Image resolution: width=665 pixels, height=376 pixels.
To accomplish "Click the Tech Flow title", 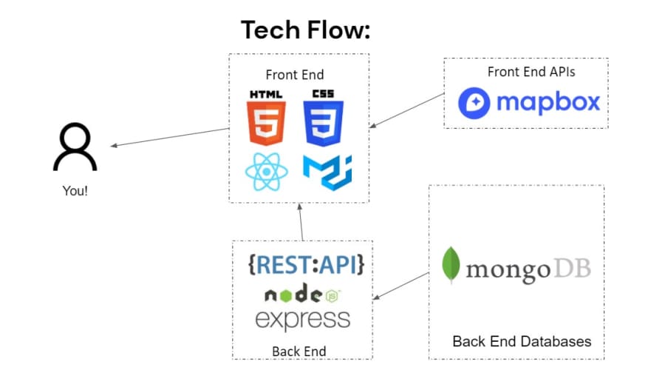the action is (x=305, y=30).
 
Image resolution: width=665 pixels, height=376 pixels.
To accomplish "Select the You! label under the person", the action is (x=75, y=191).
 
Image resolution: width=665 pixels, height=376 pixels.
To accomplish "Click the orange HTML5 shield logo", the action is (x=266, y=118).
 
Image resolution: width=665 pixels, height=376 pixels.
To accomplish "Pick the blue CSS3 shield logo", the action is (x=323, y=118).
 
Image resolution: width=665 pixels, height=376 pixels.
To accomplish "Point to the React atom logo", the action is (x=266, y=172).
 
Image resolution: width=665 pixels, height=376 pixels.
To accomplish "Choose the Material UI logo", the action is (x=327, y=172).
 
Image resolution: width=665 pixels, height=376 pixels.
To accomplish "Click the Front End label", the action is (x=295, y=75).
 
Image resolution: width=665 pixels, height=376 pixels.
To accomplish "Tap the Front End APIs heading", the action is (x=531, y=72).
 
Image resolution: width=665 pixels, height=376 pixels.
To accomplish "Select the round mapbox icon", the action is (x=474, y=103).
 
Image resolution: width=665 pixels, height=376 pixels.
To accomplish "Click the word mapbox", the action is (x=548, y=102).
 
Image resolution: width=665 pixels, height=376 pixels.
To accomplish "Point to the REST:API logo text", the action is (x=306, y=265).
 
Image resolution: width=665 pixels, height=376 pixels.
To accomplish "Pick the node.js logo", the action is (x=303, y=293).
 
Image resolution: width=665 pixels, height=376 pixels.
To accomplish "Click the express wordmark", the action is (x=303, y=320).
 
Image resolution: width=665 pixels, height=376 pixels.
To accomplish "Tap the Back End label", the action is (x=299, y=352).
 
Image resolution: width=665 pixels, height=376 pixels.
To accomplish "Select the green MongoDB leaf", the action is (x=451, y=264).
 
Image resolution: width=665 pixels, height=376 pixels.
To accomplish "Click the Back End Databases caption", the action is (x=522, y=341).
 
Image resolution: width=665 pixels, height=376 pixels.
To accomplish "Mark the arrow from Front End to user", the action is (x=170, y=137).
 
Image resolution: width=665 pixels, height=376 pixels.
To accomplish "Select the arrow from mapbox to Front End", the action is (x=406, y=110).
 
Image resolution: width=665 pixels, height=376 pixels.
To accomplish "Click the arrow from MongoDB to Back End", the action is (x=400, y=286).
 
